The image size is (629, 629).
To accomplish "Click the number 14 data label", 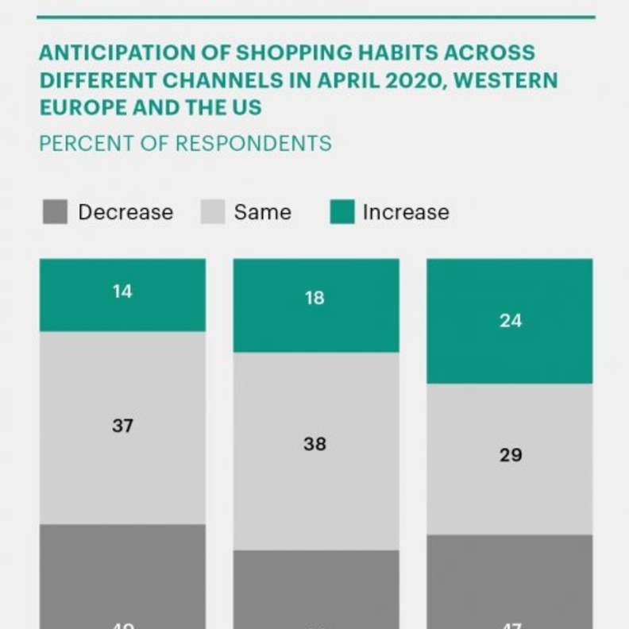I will tap(122, 291).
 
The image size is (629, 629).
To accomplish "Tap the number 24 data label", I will tap(510, 321).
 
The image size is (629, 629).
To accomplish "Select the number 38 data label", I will tap(315, 444).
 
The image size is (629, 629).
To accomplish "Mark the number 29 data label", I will tap(510, 455).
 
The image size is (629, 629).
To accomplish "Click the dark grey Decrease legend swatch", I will tap(55, 212).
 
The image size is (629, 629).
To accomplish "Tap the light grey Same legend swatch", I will tap(212, 212).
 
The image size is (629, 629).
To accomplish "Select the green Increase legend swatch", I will tap(342, 212).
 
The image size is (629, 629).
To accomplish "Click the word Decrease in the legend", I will tap(125, 212).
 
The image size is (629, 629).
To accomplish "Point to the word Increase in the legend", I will tap(406, 212).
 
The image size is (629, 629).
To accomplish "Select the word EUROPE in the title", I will tap(80, 107).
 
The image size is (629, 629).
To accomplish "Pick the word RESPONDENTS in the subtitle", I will tap(253, 144).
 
